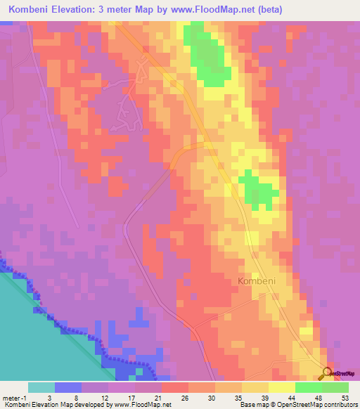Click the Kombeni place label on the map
255,280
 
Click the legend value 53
345,397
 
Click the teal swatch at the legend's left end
41,387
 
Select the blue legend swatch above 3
68,387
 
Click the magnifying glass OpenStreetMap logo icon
328,374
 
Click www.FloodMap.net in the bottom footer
141,405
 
